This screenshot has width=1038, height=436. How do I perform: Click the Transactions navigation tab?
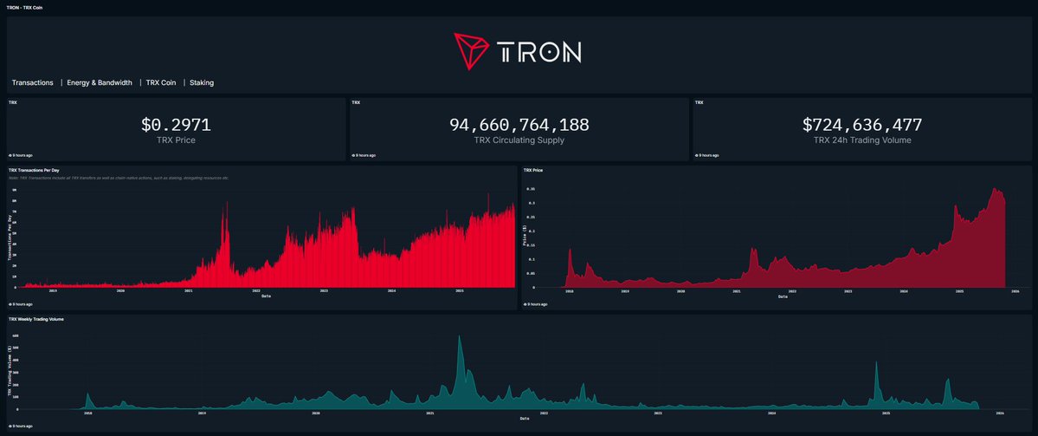click(x=33, y=83)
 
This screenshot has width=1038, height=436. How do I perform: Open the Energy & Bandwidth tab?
click(x=100, y=83)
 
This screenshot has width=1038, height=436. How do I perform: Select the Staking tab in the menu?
click(x=202, y=83)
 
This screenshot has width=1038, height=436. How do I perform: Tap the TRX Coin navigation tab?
click(x=161, y=83)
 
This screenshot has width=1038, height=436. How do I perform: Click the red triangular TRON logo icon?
click(x=472, y=51)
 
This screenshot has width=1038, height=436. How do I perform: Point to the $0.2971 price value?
click(x=176, y=125)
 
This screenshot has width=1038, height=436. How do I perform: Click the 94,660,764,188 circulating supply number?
click(x=519, y=125)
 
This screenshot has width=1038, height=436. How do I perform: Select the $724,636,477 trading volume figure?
click(x=862, y=125)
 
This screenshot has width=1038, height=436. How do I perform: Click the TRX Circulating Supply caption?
click(x=519, y=140)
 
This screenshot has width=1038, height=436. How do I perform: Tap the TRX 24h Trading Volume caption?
click(x=862, y=140)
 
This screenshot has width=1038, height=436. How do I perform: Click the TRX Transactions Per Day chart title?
click(x=46, y=170)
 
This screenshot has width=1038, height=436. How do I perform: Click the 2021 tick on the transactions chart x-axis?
click(x=189, y=291)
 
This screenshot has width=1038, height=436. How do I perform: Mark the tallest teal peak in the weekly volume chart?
click(x=460, y=337)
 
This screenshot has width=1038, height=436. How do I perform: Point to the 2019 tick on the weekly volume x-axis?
click(x=202, y=414)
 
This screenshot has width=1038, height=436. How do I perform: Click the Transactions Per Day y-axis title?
click(x=10, y=237)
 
